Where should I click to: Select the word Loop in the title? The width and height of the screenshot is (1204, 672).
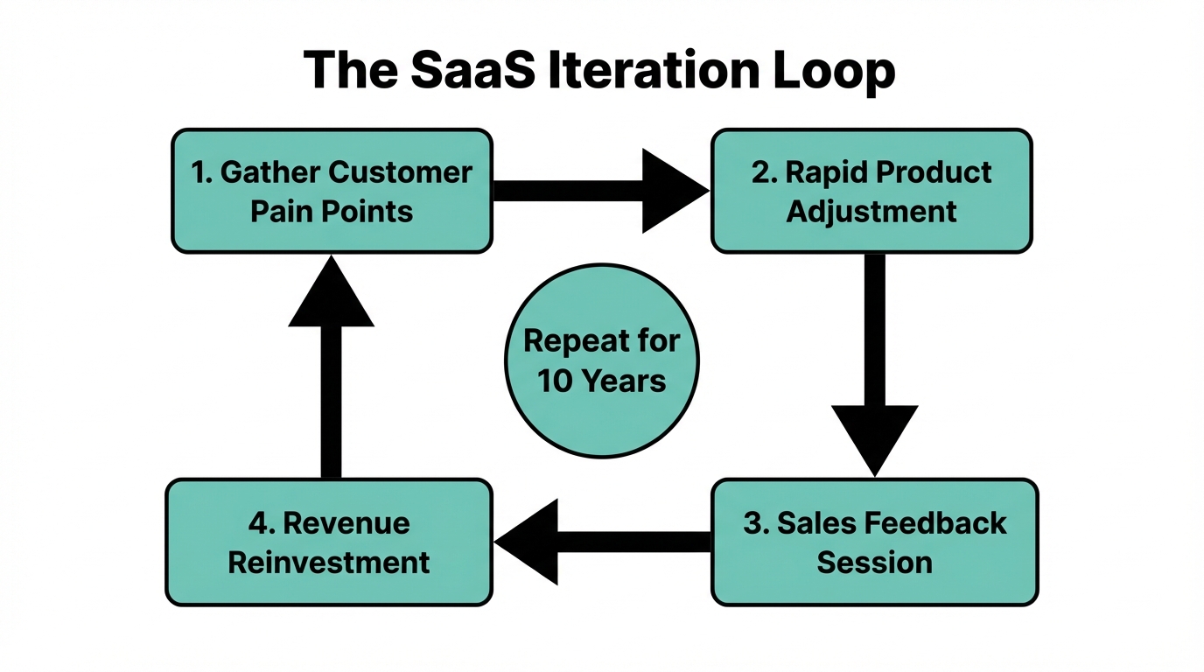(x=827, y=70)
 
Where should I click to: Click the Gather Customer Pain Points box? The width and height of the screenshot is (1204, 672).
(x=332, y=192)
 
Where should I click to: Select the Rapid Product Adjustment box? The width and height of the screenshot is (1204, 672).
(x=871, y=192)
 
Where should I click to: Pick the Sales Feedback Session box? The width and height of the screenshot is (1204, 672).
(x=874, y=542)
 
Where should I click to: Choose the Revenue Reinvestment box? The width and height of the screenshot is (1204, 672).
(x=329, y=542)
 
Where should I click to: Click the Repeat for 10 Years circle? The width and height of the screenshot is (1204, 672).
(x=602, y=360)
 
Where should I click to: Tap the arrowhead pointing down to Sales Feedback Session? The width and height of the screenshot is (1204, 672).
(x=874, y=437)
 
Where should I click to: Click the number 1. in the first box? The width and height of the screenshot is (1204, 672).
(x=202, y=172)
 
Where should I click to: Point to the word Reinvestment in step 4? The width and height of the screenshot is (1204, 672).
(x=329, y=562)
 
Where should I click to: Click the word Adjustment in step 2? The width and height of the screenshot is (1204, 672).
(x=871, y=212)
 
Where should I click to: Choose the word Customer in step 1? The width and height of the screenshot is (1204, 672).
(x=400, y=172)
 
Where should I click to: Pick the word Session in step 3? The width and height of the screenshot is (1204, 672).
(x=874, y=562)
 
